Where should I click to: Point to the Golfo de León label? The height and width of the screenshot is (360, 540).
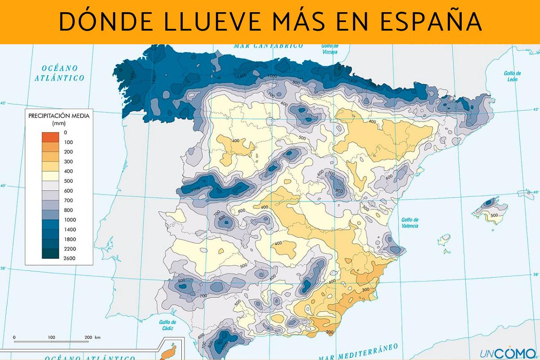pyautogui.click(x=512, y=76)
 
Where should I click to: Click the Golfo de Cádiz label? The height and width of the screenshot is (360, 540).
pyautogui.click(x=167, y=325)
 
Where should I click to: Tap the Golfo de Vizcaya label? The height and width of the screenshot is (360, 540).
pyautogui.click(x=330, y=49)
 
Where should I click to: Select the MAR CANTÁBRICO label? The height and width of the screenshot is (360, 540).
pyautogui.click(x=269, y=46)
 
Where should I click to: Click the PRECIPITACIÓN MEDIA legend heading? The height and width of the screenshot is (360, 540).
pyautogui.click(x=59, y=116)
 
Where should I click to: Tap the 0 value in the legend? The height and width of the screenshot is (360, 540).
pyautogui.click(x=66, y=132)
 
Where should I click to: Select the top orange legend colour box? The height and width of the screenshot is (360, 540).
pyautogui.click(x=50, y=137)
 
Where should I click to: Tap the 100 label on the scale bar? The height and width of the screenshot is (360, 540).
pyautogui.click(x=51, y=337)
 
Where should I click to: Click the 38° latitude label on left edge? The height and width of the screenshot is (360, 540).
pyautogui.click(x=4, y=268)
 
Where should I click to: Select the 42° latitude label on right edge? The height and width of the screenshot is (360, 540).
pyautogui.click(x=535, y=109)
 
